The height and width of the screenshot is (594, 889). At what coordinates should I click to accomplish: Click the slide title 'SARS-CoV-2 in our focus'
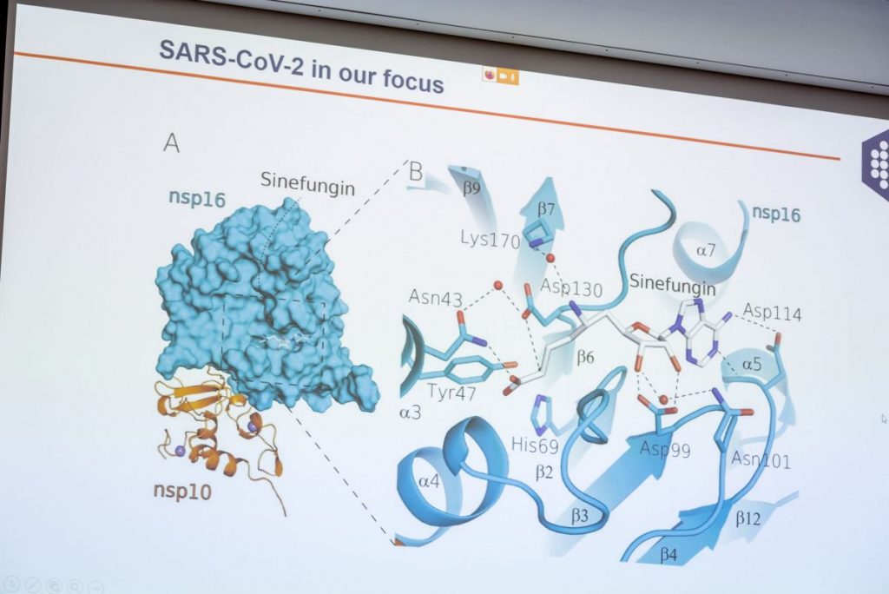301,67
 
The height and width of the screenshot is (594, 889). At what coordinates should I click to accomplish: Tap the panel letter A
171,142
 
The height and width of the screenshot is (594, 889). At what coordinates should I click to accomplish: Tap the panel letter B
416,171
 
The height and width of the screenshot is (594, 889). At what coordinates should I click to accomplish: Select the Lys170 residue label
491,240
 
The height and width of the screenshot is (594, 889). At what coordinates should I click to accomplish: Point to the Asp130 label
571,287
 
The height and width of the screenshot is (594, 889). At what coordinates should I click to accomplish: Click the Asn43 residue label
436,297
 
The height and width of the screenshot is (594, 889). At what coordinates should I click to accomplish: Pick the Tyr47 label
451,392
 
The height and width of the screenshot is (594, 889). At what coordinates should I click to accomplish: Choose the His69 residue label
535,445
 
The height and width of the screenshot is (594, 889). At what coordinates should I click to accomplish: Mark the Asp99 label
665,449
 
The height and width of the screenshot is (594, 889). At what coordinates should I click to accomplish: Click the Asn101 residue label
761,459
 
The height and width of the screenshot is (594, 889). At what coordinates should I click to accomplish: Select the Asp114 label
772,312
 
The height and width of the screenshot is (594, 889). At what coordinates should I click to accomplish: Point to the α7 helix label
706,249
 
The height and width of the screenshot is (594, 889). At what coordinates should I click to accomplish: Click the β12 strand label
747,518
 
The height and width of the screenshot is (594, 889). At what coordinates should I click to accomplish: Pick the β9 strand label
471,188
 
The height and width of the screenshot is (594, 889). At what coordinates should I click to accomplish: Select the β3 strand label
579,516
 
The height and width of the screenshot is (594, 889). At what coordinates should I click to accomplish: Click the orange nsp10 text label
182,490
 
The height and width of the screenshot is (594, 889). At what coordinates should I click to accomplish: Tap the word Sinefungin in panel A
308,183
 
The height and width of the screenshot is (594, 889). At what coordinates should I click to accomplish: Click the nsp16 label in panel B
776,214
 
